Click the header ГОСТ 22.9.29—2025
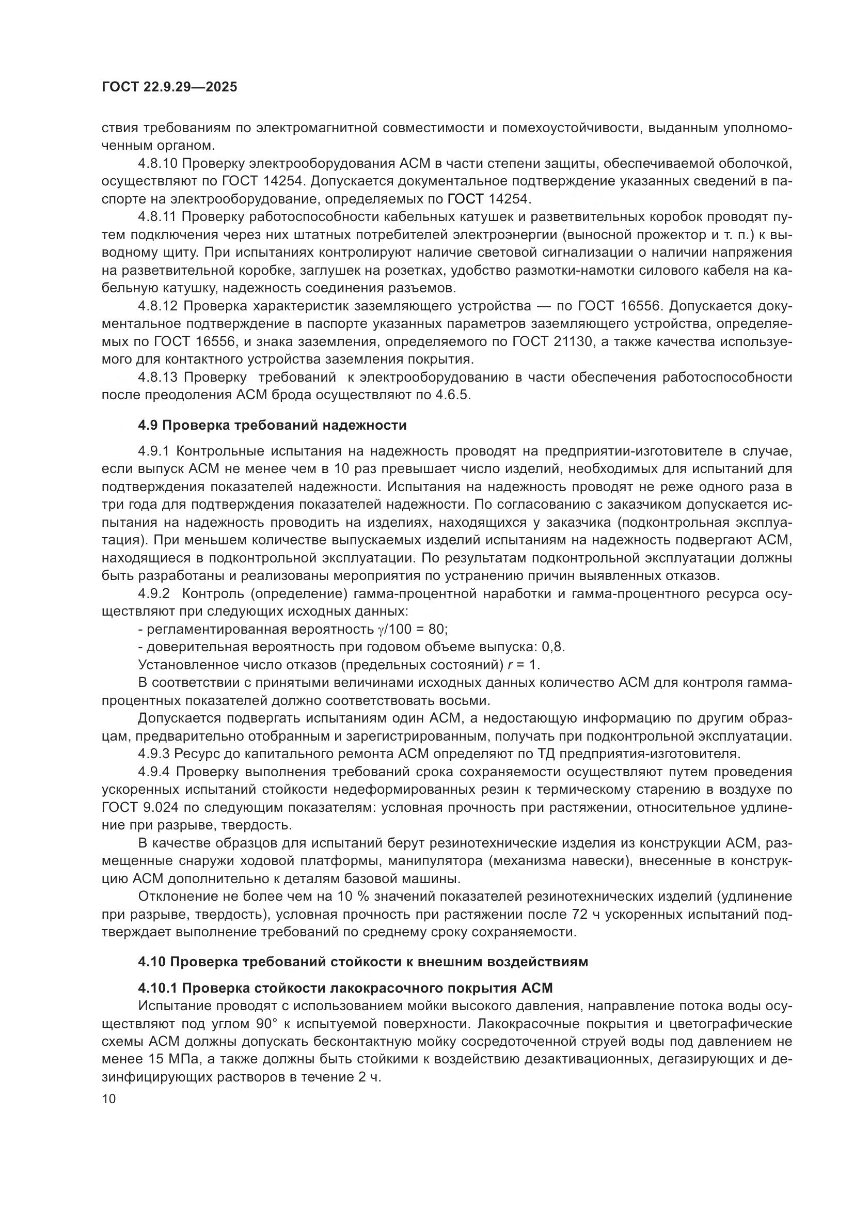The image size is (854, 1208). click(x=169, y=87)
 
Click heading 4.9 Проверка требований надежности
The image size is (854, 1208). click(x=272, y=425)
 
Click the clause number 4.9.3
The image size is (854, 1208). click(x=154, y=754)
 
